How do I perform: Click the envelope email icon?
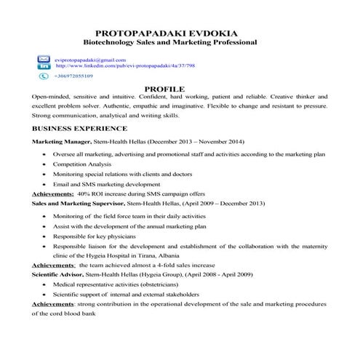(43, 58)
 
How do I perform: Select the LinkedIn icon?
(43, 65)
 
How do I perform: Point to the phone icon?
(43, 75)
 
